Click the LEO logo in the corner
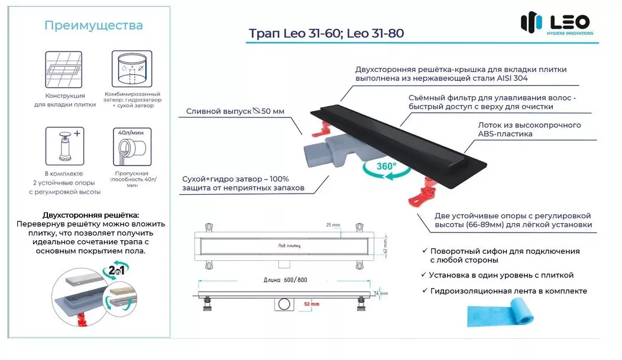pyautogui.click(x=557, y=23)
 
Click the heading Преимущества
pyautogui.click(x=93, y=25)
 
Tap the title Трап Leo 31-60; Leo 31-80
pyautogui.click(x=326, y=33)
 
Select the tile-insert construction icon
pyautogui.click(x=63, y=70)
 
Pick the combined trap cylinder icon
pyautogui.click(x=132, y=68)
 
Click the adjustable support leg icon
pyautogui.click(x=64, y=146)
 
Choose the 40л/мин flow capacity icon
pyautogui.click(x=132, y=146)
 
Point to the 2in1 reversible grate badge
pyautogui.click(x=116, y=270)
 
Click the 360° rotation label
pyautogui.click(x=386, y=166)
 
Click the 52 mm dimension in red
pyautogui.click(x=312, y=304)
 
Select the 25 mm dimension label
pyautogui.click(x=333, y=225)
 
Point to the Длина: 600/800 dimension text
pyautogui.click(x=285, y=280)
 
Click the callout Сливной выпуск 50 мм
pyautogui.click(x=235, y=112)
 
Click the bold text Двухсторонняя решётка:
pyautogui.click(x=91, y=215)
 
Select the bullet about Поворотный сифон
pyautogui.click(x=501, y=256)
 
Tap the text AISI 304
pyautogui.click(x=512, y=78)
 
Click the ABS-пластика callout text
pyautogui.click(x=505, y=134)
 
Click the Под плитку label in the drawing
pyautogui.click(x=289, y=246)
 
